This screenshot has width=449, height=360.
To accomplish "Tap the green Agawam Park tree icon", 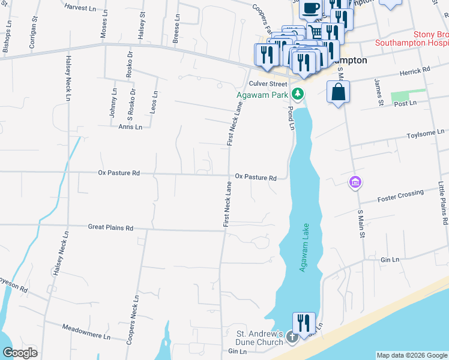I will [297, 94].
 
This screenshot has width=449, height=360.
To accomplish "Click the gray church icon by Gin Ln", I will [292, 337].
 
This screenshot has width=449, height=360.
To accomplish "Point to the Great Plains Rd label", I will [110, 228].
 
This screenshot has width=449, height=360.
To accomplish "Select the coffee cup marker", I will [310, 8].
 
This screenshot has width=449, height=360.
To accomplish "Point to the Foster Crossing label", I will [400, 196].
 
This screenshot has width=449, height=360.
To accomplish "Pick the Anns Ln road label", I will [130, 127].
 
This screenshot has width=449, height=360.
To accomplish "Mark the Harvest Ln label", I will [82, 8].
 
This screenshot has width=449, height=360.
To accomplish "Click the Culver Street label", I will [268, 84].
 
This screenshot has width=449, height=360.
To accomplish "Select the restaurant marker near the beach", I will [304, 322].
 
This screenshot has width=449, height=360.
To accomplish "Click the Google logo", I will [20, 353].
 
